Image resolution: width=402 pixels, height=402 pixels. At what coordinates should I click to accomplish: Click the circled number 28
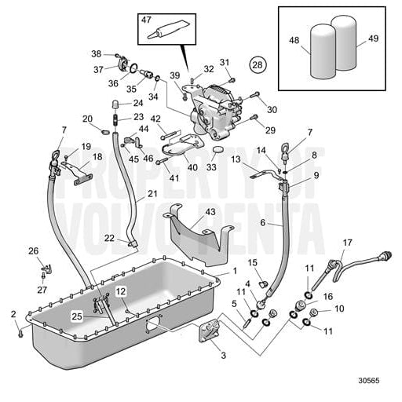coord(258,63)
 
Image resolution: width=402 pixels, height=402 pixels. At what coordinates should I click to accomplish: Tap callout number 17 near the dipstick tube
coord(346,243)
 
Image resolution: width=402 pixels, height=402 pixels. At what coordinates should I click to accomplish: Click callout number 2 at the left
coord(13,314)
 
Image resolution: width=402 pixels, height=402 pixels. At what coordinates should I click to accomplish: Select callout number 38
coord(96,54)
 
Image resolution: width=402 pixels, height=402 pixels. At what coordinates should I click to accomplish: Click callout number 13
coord(235,158)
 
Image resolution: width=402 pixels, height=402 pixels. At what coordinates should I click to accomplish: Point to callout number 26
coord(33,251)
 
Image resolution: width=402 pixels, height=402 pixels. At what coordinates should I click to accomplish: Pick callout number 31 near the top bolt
coord(225,62)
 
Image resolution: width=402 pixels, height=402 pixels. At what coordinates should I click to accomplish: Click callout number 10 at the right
coord(339,309)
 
